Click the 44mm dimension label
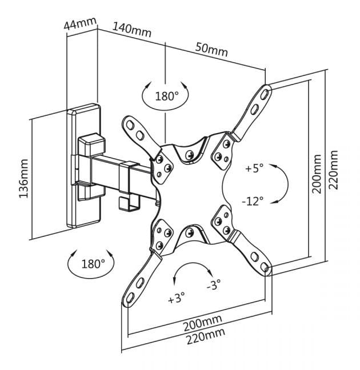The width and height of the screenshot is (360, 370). pos(80,23)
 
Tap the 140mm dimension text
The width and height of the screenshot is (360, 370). pos(131,30)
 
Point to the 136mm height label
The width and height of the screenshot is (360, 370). pos(23,179)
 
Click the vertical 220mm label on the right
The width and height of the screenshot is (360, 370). pos(333,170)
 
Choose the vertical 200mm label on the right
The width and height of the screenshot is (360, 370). pos(317,174)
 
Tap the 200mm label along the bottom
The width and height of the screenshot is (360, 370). pos(203,323)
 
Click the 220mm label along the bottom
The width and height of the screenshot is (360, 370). pos(206,336)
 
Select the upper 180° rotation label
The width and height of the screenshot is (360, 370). pos(167,96)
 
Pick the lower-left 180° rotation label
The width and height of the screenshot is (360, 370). pos(93,264)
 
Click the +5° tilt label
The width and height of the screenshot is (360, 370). pos(254,168)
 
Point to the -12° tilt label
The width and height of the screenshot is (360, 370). pos(253,202)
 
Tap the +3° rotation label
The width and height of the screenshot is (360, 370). pos(176,298)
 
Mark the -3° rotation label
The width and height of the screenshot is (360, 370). pos(214,284)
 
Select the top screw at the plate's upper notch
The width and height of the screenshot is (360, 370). pos(189,155)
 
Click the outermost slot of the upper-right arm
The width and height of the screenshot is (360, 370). pos(265,94)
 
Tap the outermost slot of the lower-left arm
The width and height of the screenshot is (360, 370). pos(130,298)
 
